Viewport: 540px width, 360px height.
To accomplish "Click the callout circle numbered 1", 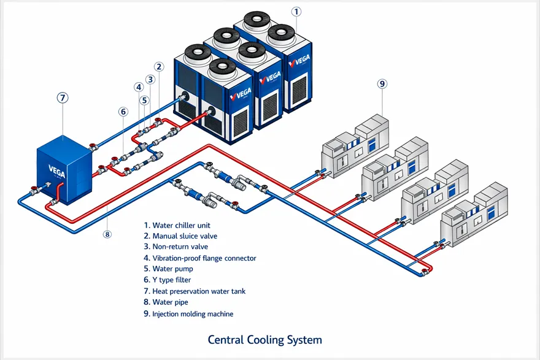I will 296,12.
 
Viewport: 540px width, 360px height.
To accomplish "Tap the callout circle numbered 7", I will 62,98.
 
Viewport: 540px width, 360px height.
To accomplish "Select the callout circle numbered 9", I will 382,84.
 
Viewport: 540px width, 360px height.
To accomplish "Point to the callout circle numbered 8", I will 107,234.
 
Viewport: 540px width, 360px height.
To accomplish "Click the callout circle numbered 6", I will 123,112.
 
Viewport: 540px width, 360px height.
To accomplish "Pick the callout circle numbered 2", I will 159,67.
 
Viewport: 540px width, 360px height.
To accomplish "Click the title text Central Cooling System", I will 264,340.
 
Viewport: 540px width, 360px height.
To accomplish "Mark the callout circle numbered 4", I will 139,87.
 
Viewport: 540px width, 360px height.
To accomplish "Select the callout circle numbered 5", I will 144,100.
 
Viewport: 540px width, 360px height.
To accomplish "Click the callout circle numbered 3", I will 150,79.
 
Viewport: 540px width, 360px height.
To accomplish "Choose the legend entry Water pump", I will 168,269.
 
